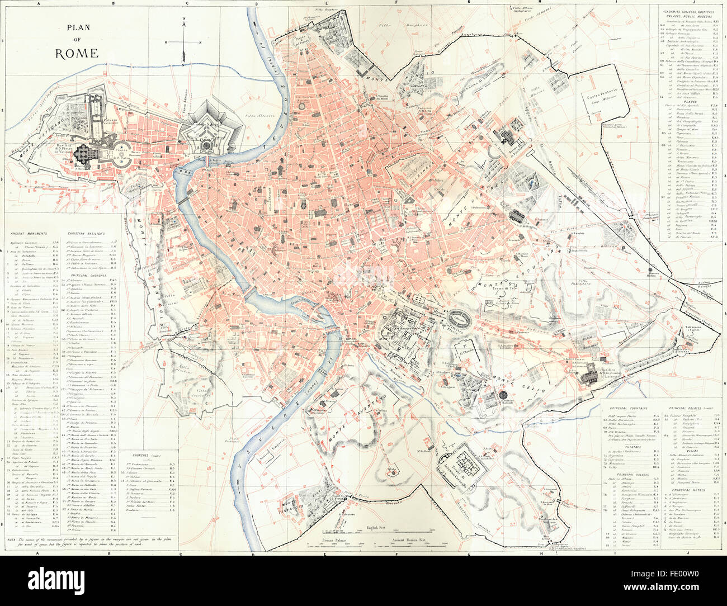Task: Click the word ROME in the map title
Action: (x=77, y=54)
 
